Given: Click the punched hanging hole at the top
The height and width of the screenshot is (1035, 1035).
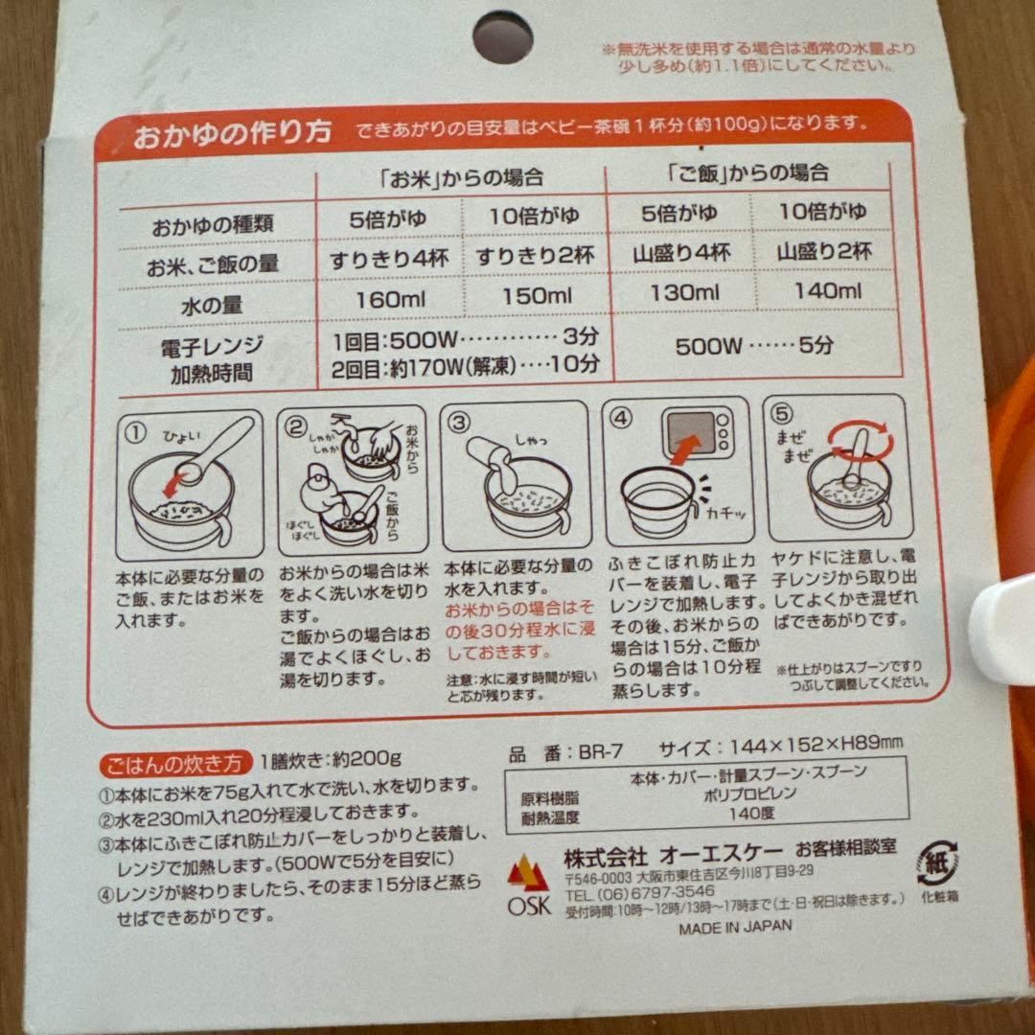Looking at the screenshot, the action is tap(503, 37).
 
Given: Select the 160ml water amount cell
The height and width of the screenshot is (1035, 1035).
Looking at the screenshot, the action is tap(390, 300).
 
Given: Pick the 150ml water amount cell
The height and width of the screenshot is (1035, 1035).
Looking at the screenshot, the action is tap(537, 296).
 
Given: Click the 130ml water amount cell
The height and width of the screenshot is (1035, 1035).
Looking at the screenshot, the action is tap(684, 292).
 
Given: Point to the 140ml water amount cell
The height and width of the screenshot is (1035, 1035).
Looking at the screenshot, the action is tap(828, 289).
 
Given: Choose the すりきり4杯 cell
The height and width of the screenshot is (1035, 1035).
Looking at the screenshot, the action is tap(389, 258).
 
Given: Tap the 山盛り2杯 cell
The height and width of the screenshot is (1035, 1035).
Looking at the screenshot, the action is tap(824, 251).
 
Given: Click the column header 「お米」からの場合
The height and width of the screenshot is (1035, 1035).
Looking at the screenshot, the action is tap(461, 177).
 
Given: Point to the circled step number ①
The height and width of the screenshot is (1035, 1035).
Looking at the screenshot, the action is tap(135, 433).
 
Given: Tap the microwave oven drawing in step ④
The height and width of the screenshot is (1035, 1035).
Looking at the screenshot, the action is tap(699, 433).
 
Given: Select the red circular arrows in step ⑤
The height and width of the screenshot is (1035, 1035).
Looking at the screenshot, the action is tap(862, 440).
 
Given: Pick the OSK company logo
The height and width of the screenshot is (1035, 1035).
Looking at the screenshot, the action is tap(528, 885).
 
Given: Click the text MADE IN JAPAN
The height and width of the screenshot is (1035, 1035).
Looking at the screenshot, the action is tap(735, 927).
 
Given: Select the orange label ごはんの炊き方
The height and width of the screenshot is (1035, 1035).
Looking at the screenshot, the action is tap(175, 764).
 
